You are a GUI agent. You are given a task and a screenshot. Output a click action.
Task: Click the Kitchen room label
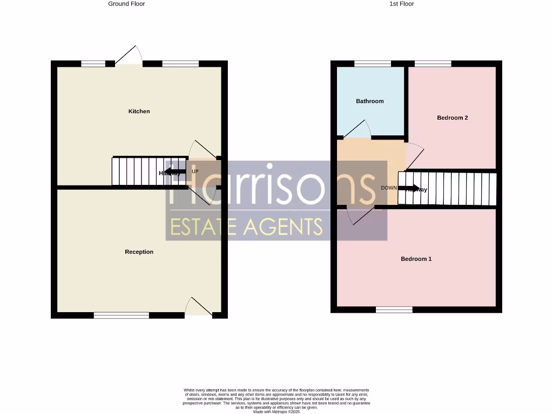139,112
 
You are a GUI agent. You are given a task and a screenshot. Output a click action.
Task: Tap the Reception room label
139,252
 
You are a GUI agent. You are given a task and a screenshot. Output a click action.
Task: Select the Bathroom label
370,101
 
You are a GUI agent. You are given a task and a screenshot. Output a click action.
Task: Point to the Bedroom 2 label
452,118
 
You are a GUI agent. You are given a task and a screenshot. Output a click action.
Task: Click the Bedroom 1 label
416,259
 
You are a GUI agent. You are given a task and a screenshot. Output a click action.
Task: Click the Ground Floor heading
126,4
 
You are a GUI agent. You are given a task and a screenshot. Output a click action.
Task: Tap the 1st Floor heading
402,4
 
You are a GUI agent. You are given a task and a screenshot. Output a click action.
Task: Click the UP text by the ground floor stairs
195,171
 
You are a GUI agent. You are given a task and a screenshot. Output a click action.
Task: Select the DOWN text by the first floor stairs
389,188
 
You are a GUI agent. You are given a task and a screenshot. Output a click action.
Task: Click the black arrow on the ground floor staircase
172,172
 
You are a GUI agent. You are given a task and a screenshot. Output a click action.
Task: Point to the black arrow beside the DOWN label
409,188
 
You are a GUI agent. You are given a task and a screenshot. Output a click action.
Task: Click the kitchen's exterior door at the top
129,57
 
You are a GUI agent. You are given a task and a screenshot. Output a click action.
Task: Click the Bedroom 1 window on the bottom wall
394,309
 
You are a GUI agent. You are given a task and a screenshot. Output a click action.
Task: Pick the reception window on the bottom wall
122,315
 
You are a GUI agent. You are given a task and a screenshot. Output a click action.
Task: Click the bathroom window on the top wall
373,64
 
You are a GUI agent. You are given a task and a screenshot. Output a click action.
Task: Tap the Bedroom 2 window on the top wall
433,64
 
